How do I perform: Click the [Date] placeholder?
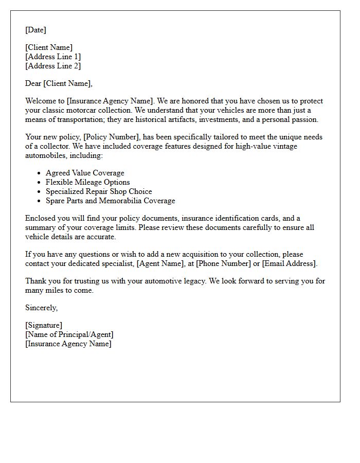(35, 30)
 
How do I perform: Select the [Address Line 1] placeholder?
(53, 57)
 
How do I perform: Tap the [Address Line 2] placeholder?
(53, 66)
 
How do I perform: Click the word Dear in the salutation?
(33, 83)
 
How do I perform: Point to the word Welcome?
(40, 101)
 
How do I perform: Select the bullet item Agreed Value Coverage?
(85, 173)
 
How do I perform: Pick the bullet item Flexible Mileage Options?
(87, 182)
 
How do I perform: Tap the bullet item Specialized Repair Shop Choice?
(99, 191)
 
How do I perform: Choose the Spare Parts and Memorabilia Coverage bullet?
(110, 201)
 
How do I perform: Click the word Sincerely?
(41, 308)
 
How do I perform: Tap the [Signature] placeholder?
(44, 325)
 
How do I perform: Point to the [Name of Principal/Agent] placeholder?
(69, 334)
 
